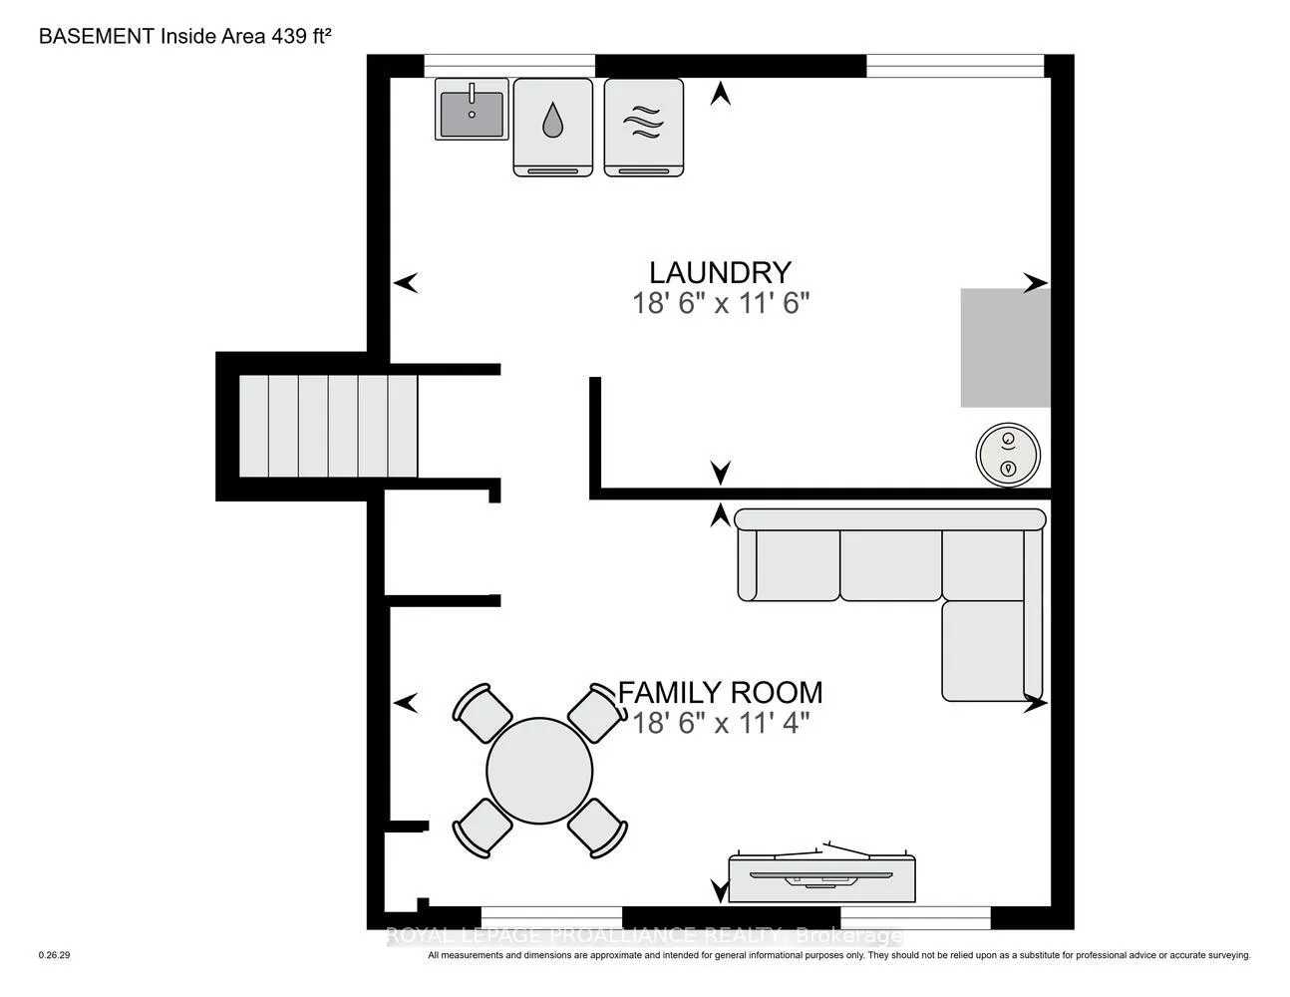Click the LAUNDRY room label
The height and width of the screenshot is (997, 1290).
coord(720,273)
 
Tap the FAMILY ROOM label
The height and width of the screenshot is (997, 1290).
coord(720,693)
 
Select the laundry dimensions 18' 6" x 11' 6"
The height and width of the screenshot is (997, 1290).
coord(720,304)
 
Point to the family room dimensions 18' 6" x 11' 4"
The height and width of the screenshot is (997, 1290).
coord(721,724)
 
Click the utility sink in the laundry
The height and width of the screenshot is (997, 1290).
coord(472,110)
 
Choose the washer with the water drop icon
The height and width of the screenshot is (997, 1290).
coord(552,127)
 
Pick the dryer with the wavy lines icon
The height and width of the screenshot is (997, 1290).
coord(644,127)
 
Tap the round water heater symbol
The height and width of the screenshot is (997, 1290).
coord(1008,456)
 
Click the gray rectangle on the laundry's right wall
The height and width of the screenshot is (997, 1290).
coord(1005,348)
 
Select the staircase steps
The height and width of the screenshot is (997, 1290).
coord(328,426)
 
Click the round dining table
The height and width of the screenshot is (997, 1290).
coord(539,771)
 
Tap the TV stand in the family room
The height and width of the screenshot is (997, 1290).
coord(821,877)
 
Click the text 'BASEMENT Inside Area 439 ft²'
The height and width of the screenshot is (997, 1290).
coord(184,36)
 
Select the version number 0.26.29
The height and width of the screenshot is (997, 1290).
coord(54,955)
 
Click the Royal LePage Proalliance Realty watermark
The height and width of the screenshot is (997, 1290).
coord(644,935)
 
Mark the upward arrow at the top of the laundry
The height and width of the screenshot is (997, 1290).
coord(720,94)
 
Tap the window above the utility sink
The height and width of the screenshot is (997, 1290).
coord(509,66)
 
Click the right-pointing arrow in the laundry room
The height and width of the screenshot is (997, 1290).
coord(1036,283)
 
